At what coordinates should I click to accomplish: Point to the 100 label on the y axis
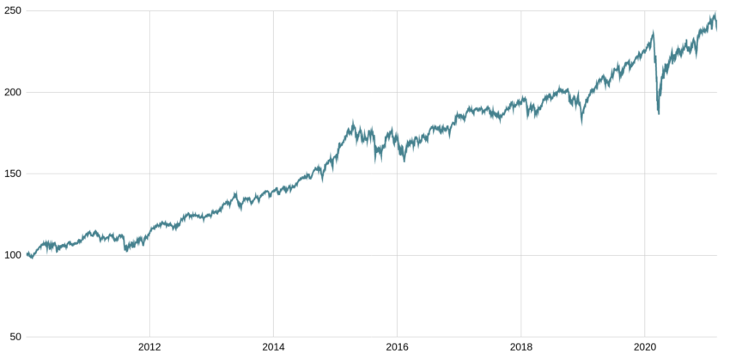click(11, 255)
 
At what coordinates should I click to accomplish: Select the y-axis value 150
click(11, 174)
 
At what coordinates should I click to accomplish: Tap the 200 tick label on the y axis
click(11, 92)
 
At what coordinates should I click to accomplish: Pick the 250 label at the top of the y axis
click(11, 10)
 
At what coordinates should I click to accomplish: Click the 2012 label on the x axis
click(149, 349)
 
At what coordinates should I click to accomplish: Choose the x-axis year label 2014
click(273, 349)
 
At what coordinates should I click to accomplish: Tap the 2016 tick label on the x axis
click(397, 349)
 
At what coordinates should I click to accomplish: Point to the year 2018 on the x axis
click(520, 349)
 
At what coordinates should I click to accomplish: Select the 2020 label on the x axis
click(644, 349)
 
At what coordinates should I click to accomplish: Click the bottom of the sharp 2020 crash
click(659, 113)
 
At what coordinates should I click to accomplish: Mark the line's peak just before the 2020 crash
click(653, 33)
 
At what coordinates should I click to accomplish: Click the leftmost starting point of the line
click(27, 254)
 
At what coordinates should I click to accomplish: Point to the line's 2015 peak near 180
click(353, 123)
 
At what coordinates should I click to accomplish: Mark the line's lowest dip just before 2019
click(582, 123)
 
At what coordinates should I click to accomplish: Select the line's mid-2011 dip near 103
click(125, 250)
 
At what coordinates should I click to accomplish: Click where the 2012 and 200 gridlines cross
click(149, 92)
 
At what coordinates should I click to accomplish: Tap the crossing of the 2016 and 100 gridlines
click(397, 255)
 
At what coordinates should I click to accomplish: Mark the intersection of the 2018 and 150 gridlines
click(520, 174)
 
